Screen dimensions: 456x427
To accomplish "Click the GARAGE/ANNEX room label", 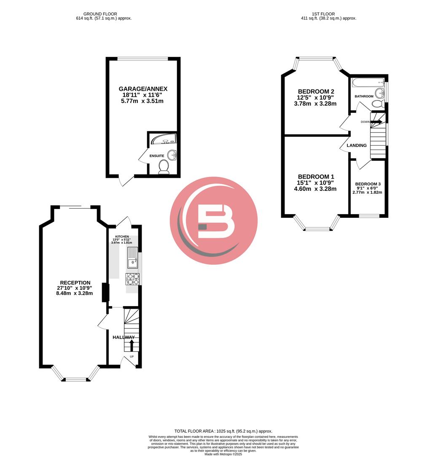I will coord(143,89).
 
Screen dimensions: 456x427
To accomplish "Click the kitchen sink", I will coord(132,258).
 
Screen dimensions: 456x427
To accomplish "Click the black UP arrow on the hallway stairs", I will coord(131,345).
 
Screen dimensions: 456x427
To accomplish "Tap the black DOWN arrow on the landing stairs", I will coord(377,122).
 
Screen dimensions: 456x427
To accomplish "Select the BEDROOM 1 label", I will coord(316,176).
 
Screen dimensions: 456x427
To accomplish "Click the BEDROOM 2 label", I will coord(316,92).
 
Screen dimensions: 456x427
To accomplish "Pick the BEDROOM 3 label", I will coord(368,184).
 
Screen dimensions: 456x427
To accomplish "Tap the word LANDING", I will coord(357,145).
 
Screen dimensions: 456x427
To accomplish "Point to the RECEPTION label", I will coord(75,283).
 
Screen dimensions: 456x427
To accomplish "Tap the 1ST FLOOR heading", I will coord(323,14).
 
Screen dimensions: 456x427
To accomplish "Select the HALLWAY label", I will coord(123,337).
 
